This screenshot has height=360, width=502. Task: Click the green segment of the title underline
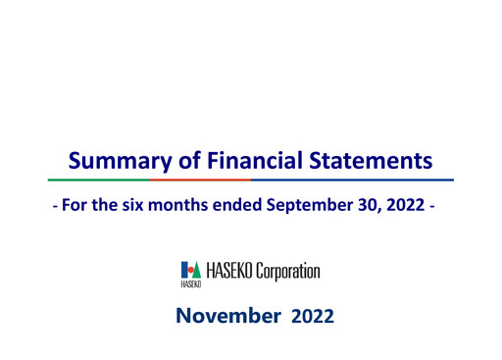pyautogui.click(x=98, y=180)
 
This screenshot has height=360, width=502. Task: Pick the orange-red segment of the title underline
pyautogui.click(x=200, y=180)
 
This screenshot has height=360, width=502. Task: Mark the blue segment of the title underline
pyautogui.click(x=353, y=180)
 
